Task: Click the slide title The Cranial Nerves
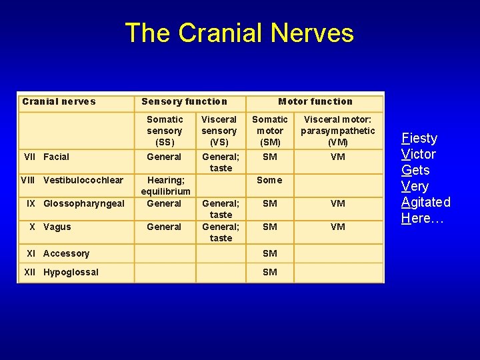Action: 239,33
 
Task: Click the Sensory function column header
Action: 184,101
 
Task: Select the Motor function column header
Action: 315,101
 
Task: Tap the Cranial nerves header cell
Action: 59,101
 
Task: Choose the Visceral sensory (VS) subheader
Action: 219,131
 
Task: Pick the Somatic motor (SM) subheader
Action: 269,131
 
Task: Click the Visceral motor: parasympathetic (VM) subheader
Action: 337,131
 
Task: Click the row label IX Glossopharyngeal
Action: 75,203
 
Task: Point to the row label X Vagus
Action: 49,227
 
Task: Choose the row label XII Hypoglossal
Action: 61,272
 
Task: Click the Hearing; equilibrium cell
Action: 165,185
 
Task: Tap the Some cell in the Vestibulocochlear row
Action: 269,180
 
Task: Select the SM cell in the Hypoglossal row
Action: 269,272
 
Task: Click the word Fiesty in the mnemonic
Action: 419,139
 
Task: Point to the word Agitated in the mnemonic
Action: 426,202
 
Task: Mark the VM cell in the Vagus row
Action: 337,227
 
